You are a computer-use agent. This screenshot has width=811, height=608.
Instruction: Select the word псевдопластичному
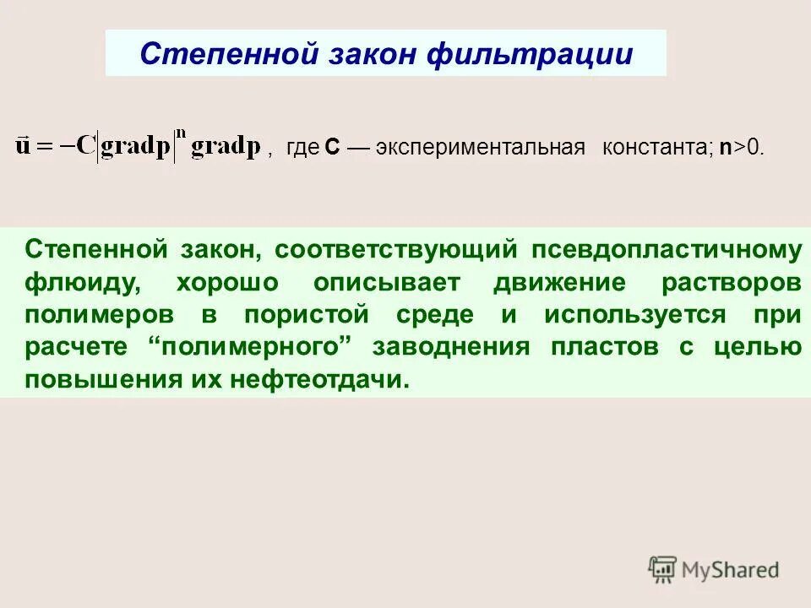click(666, 249)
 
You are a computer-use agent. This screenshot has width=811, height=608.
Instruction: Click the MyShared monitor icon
click(662, 569)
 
